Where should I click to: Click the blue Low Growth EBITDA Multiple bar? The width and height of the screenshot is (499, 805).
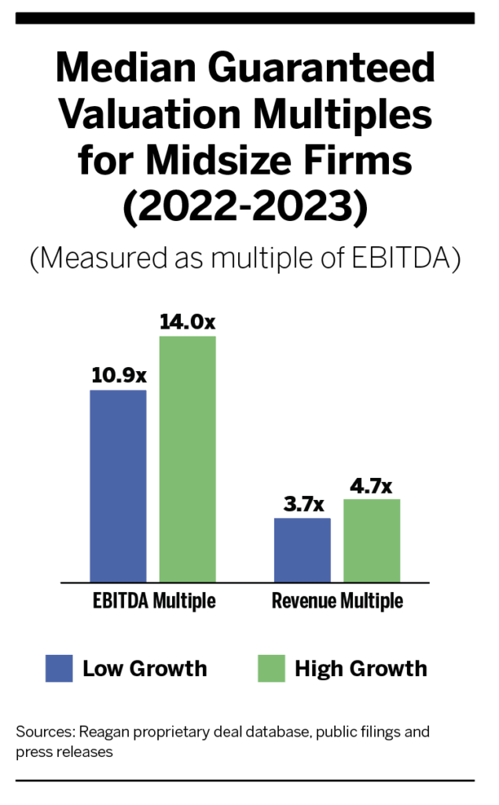click(118, 486)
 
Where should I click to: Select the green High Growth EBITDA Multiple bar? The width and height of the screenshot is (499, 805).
click(187, 459)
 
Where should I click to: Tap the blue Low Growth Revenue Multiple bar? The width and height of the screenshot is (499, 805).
click(302, 550)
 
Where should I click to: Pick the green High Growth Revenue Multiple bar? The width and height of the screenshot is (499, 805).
click(371, 540)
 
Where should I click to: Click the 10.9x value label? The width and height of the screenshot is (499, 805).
click(119, 376)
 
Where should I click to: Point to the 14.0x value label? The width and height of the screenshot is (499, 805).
click(187, 322)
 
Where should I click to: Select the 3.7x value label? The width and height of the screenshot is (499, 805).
click(302, 504)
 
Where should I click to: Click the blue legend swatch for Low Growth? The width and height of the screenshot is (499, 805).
click(59, 668)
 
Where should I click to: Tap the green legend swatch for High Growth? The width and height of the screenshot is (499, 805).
click(270, 668)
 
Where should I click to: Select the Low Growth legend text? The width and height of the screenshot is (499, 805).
click(145, 669)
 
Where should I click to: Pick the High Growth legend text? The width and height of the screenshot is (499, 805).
click(361, 669)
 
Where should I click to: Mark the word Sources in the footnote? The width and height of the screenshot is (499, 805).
click(43, 732)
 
